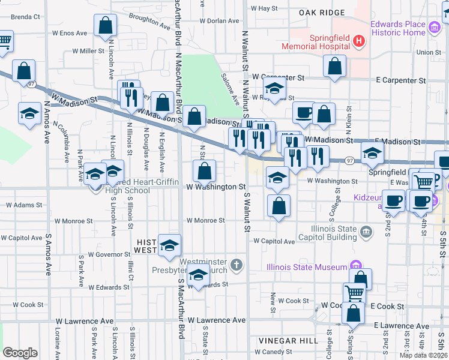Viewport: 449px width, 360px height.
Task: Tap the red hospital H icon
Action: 359,41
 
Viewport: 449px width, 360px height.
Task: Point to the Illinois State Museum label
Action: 307,266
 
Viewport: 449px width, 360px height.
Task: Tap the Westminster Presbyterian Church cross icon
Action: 237,265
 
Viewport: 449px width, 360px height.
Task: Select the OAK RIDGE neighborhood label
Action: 322,12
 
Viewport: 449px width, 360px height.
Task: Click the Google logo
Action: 20,353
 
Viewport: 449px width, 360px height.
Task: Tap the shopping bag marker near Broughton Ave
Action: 106,26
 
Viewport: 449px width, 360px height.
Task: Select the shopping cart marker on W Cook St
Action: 354,293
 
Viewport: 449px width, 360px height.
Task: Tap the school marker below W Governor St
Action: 198,274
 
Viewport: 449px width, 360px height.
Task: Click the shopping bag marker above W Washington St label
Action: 205,170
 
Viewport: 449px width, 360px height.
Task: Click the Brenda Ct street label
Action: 25,17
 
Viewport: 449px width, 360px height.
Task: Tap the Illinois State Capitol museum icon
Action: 366,232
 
